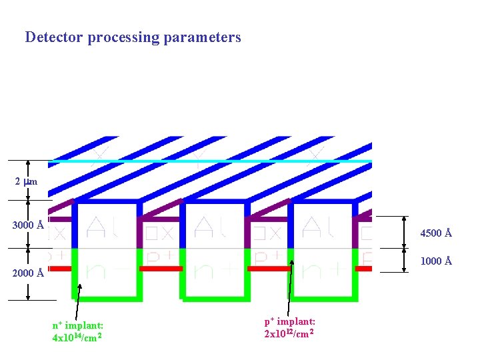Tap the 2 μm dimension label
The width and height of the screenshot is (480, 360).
26,181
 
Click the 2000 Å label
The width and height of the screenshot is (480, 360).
28,273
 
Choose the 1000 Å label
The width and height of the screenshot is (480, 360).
437,261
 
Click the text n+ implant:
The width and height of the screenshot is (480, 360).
78,325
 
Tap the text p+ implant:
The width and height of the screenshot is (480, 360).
290,322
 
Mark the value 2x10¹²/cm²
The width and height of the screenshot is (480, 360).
289,333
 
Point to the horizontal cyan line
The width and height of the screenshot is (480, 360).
210,161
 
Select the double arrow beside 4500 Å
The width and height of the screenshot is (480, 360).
405,231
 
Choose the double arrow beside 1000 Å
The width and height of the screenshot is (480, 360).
405,259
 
